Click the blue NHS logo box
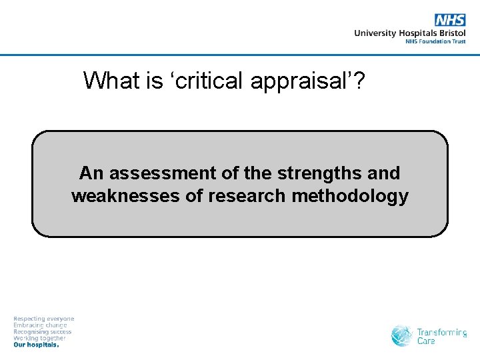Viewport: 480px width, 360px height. click(x=450, y=20)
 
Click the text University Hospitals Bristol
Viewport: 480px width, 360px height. click(x=409, y=33)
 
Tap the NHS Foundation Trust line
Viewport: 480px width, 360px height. click(x=435, y=41)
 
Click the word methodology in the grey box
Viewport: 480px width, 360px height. click(x=354, y=197)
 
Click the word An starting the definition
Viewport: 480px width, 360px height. click(x=92, y=173)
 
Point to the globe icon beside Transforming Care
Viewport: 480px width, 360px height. click(x=402, y=335)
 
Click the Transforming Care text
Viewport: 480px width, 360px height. click(x=441, y=336)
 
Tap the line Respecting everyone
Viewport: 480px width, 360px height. click(x=44, y=319)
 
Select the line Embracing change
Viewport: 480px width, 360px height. click(x=41, y=325)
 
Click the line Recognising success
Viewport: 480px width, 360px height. click(x=43, y=332)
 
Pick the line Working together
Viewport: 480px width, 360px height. click(x=40, y=339)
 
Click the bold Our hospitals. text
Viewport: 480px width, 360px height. click(x=37, y=345)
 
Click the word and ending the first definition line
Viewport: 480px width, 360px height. click(x=384, y=173)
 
